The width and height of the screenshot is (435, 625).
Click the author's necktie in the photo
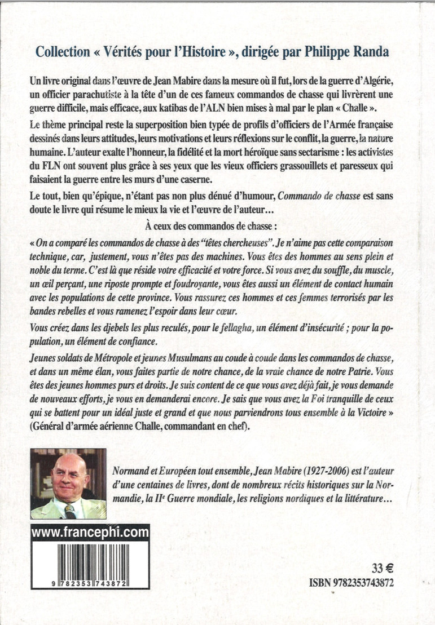click(69, 511)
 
